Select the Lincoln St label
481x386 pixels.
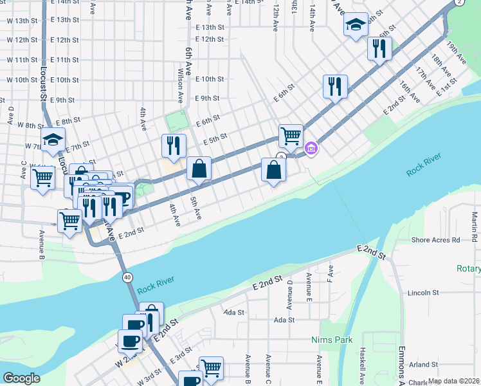(422, 293)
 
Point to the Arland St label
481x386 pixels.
(422, 364)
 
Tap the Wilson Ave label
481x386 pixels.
(180, 84)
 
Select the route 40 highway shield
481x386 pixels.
(128, 277)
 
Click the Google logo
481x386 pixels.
(22, 378)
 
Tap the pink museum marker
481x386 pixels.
(312, 149)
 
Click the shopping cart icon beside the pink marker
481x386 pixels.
(291, 136)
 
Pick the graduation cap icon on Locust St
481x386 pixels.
(53, 140)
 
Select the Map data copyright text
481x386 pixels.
(454, 381)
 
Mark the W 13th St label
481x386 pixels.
(23, 21)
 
